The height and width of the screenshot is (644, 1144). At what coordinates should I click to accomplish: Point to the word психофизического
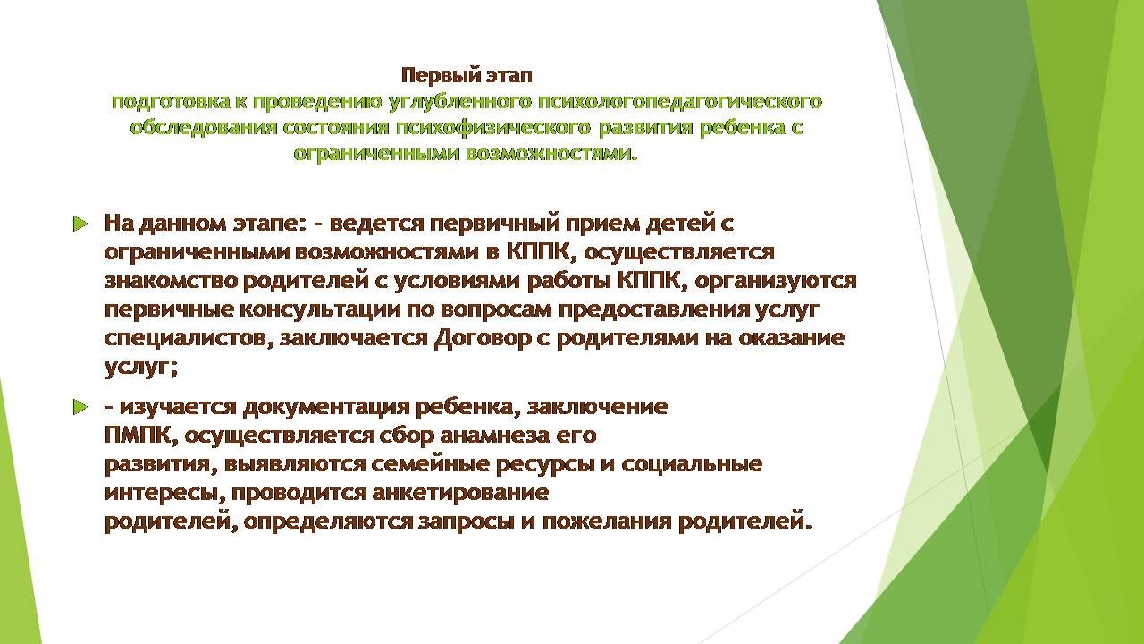point(492,127)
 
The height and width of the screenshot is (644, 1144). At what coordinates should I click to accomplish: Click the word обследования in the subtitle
point(204,127)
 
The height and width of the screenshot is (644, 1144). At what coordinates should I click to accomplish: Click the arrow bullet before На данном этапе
point(80,224)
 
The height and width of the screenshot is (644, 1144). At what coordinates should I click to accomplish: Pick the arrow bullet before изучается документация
point(80,407)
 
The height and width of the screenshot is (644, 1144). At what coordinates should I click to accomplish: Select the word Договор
point(483,339)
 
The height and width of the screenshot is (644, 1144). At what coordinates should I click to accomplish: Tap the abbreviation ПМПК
point(138,436)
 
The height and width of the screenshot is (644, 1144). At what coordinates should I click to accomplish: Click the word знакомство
point(171,281)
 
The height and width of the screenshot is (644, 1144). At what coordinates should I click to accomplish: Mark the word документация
point(326,407)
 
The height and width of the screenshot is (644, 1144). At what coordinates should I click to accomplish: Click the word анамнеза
point(494,436)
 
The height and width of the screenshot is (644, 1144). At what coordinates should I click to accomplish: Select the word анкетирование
point(460,494)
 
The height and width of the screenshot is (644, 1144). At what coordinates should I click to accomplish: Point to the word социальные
point(692,464)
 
